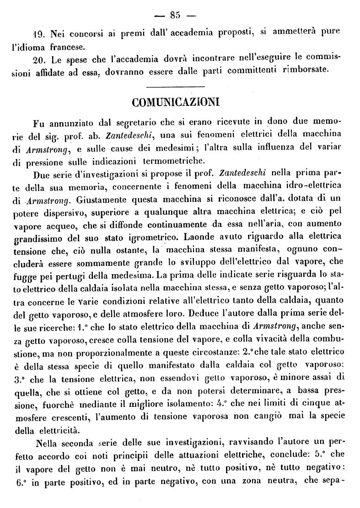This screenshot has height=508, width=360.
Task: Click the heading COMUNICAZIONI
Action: point(176,102)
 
